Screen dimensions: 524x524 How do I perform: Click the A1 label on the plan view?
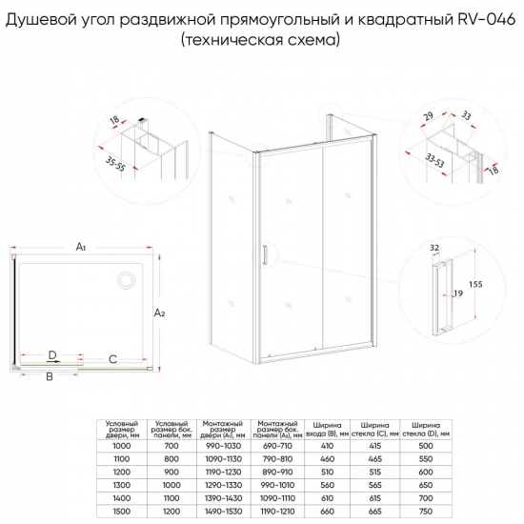(81, 247)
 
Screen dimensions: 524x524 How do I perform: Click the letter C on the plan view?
(112, 359)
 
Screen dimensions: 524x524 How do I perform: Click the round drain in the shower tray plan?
(125, 279)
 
